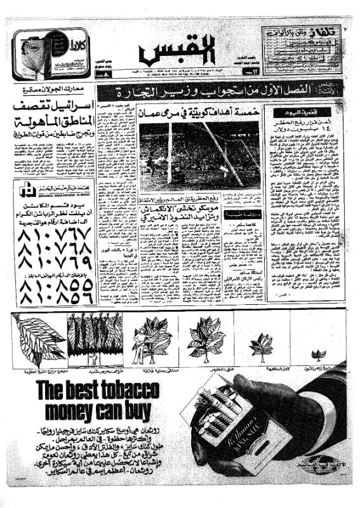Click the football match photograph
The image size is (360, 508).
pyautogui.click(x=199, y=155)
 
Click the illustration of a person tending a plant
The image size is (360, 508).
pyautogui.click(x=148, y=342)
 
